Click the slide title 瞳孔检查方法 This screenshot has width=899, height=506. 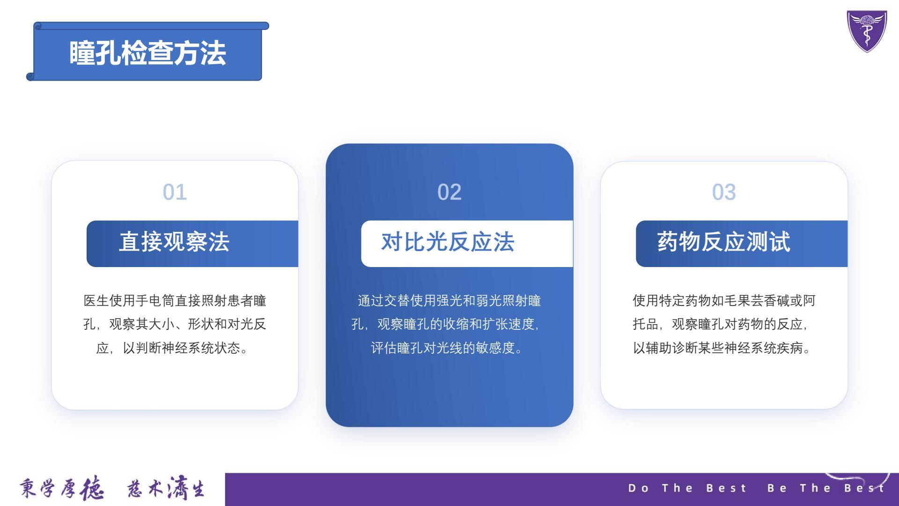[x=147, y=52]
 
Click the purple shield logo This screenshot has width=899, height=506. [x=867, y=31]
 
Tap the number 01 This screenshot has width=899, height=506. [x=175, y=192]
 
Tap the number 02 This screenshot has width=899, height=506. [x=449, y=192]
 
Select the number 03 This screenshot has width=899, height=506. [x=724, y=192]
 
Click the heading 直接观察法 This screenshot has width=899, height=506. [x=174, y=242]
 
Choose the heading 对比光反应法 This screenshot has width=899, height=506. [x=448, y=242]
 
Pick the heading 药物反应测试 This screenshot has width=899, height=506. [x=723, y=242]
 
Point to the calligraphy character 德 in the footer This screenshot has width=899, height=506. [x=92, y=489]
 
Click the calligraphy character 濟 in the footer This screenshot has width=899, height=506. [x=178, y=488]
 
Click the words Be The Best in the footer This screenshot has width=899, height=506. [x=825, y=488]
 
